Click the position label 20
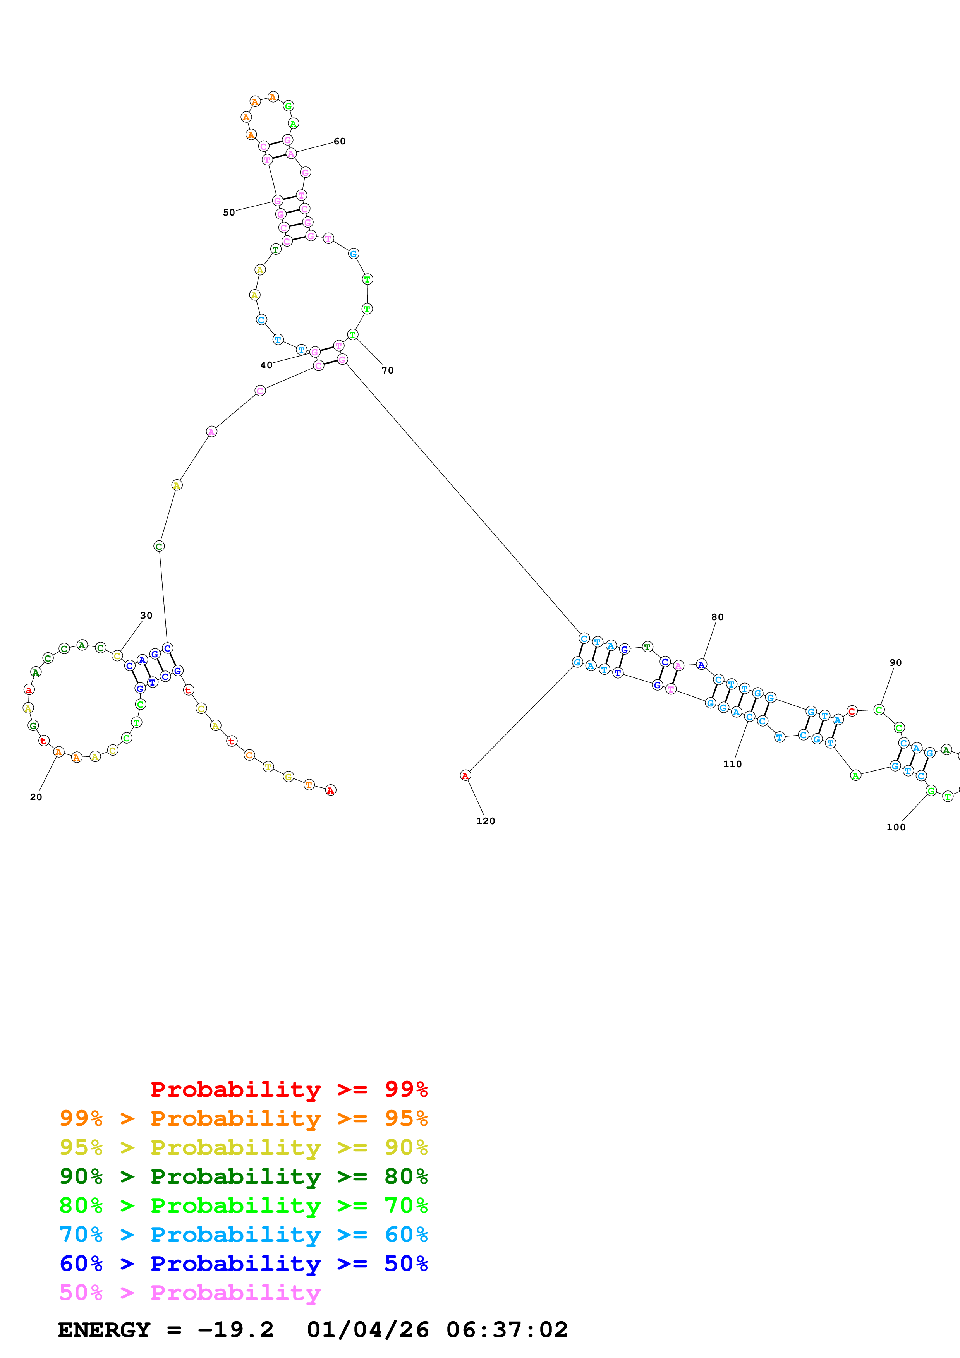36,797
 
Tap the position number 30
146,615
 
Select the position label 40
266,365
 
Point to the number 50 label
228,213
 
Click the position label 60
340,141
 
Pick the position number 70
387,370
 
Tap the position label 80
717,617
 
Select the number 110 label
732,763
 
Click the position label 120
486,820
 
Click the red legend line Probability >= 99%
289,1089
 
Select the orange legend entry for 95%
243,1118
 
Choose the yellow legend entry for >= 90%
243,1147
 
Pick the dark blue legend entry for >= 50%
243,1264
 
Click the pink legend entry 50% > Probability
190,1292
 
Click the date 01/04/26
368,1330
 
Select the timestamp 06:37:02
507,1330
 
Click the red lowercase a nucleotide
28,690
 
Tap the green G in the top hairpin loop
288,106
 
